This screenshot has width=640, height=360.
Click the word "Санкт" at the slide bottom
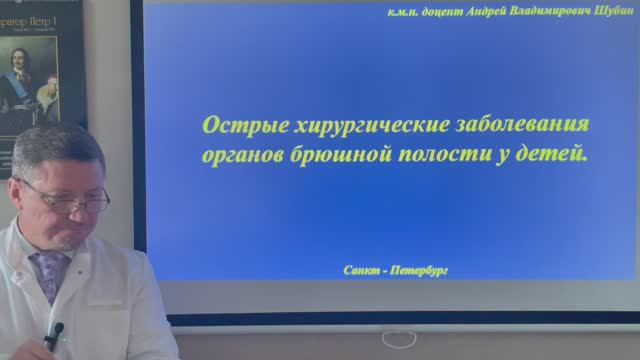[x=361, y=270]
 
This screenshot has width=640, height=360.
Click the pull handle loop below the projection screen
[x=399, y=339]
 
